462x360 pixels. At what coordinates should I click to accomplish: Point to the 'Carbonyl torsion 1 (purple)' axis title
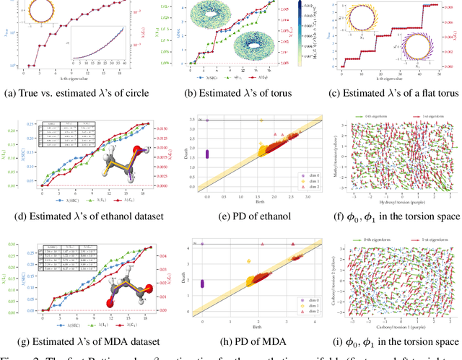pyautogui.click(x=393, y=329)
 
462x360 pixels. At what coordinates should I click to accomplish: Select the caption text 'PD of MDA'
pyautogui.click(x=249, y=341)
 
